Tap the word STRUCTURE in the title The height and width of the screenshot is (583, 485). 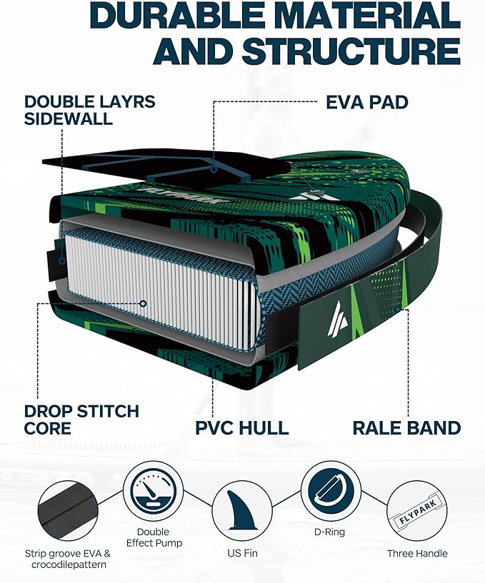(x=351, y=51)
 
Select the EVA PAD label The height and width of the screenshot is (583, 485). (x=366, y=102)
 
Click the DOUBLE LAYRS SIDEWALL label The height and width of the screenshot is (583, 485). (x=89, y=110)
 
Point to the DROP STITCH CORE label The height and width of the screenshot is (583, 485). (x=81, y=420)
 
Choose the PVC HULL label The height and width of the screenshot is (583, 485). (x=242, y=428)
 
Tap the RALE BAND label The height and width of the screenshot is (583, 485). (x=406, y=428)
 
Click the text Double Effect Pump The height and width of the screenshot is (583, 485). (x=152, y=537)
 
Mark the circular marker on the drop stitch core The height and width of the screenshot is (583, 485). (x=144, y=303)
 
